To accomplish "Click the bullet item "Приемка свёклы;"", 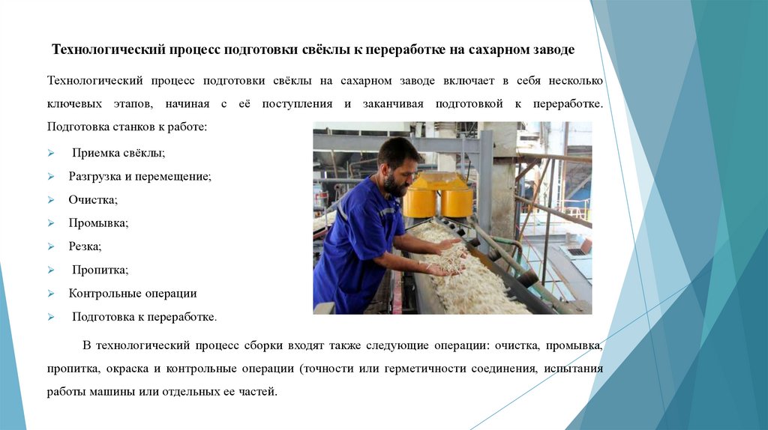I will coord(118,153).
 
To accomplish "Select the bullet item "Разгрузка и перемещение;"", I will coord(140,177).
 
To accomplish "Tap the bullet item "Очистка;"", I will coord(93,200).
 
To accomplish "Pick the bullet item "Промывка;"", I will coord(98,223).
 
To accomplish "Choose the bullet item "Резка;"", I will coord(85,246).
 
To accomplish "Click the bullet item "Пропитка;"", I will coord(100,270).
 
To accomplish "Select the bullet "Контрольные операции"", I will coord(133,293).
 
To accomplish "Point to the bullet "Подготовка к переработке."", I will coord(144,317).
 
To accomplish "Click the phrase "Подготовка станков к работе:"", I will coord(125,127).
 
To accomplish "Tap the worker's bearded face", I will coord(397,178).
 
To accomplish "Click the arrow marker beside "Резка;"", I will coord(50,246).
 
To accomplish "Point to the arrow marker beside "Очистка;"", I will coord(50,200).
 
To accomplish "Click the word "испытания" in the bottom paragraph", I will coord(574,369).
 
